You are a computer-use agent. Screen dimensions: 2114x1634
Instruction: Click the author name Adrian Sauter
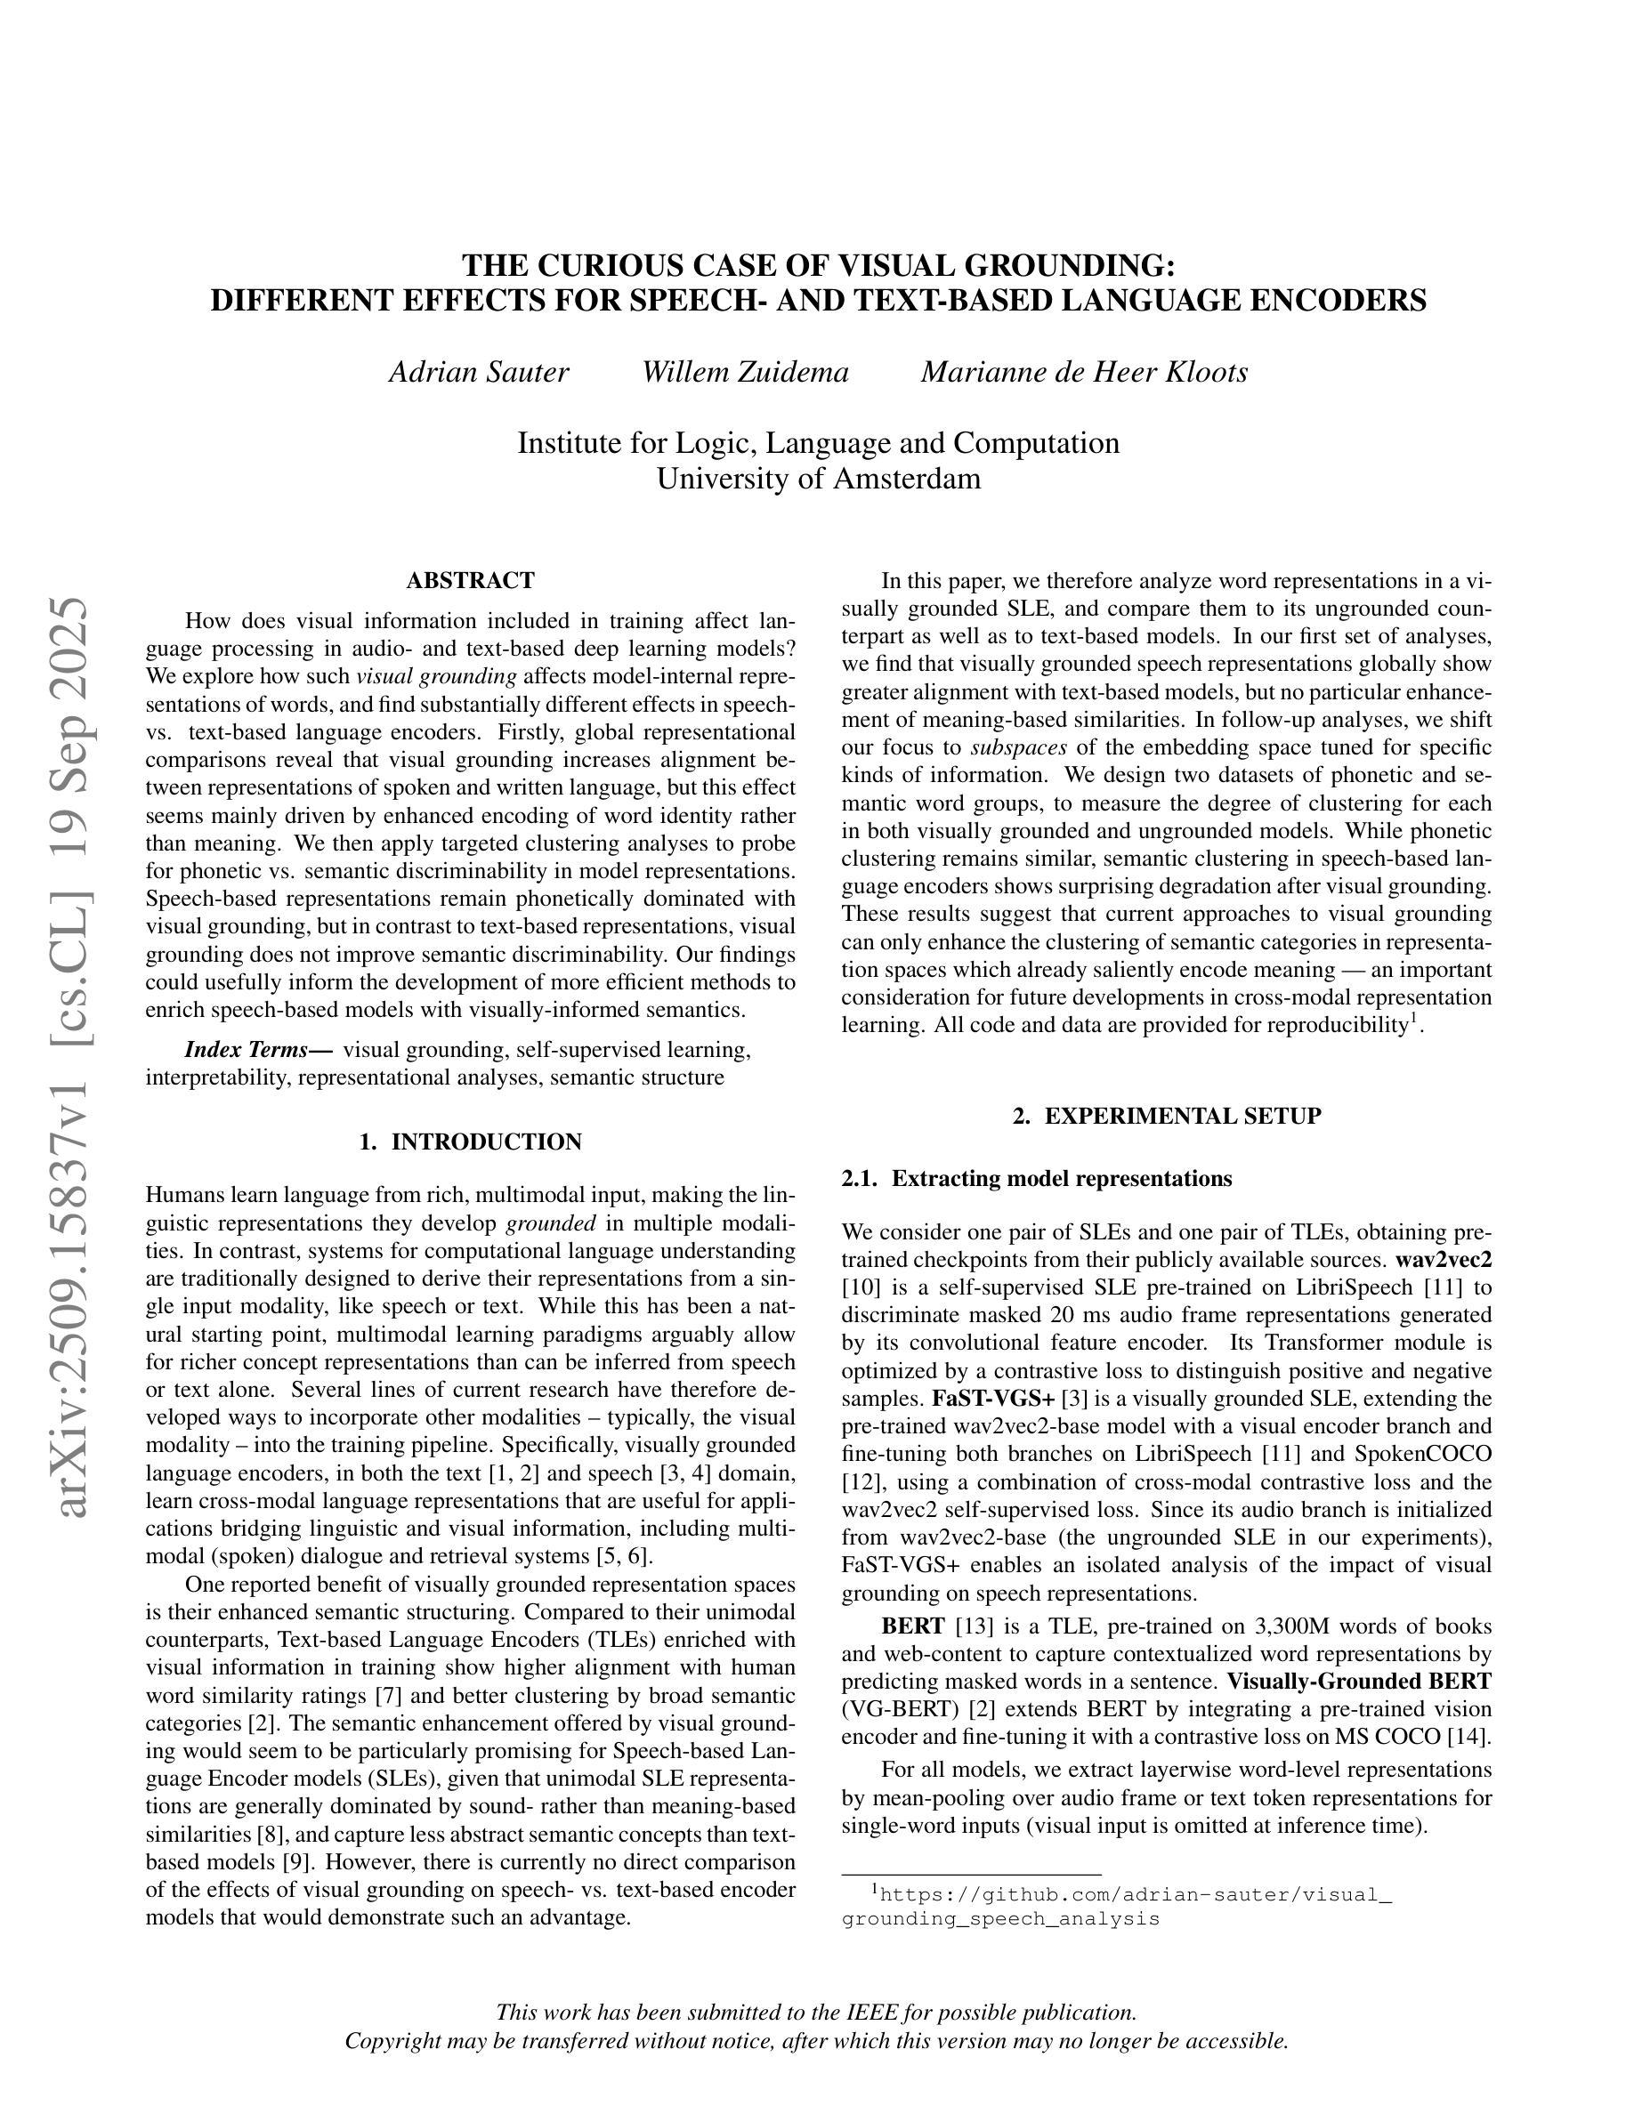[478, 373]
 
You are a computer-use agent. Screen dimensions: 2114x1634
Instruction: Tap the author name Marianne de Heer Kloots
[1084, 373]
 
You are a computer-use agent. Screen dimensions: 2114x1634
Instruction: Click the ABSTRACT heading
[471, 581]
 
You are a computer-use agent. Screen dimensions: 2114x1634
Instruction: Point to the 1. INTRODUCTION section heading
[471, 1142]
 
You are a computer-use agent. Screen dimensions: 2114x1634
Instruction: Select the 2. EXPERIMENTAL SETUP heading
[1167, 1116]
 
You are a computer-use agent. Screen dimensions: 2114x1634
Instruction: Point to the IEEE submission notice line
[816, 2013]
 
